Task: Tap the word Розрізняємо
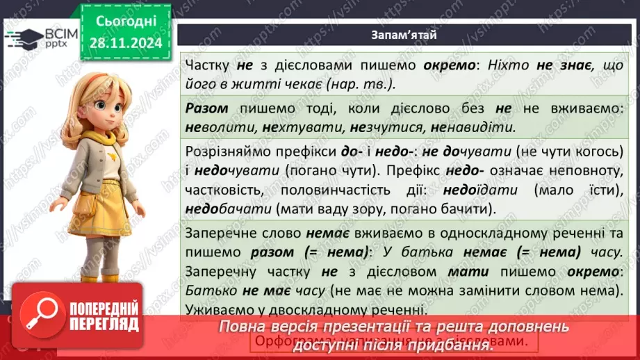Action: [231, 152]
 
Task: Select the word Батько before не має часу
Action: [206, 290]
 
